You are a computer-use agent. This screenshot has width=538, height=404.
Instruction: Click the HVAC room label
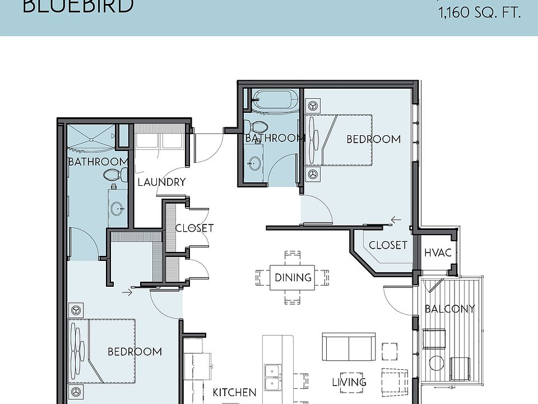(x=438, y=253)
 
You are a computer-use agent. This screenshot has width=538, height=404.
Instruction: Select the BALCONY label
(x=449, y=309)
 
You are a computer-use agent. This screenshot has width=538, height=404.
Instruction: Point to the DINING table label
(x=293, y=277)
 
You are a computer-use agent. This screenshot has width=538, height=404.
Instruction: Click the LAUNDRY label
(x=161, y=182)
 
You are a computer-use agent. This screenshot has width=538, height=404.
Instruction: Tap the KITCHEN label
(x=234, y=393)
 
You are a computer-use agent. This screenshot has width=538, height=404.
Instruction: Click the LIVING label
(x=349, y=382)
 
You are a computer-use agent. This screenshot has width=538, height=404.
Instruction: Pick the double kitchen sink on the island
(x=273, y=377)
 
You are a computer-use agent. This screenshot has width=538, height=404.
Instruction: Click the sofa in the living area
(x=349, y=347)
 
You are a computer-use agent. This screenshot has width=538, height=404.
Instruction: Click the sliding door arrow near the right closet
(x=397, y=220)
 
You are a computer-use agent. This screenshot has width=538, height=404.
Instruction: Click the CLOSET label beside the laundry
(x=194, y=228)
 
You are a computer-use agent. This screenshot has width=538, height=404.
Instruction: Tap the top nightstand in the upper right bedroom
(x=313, y=105)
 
